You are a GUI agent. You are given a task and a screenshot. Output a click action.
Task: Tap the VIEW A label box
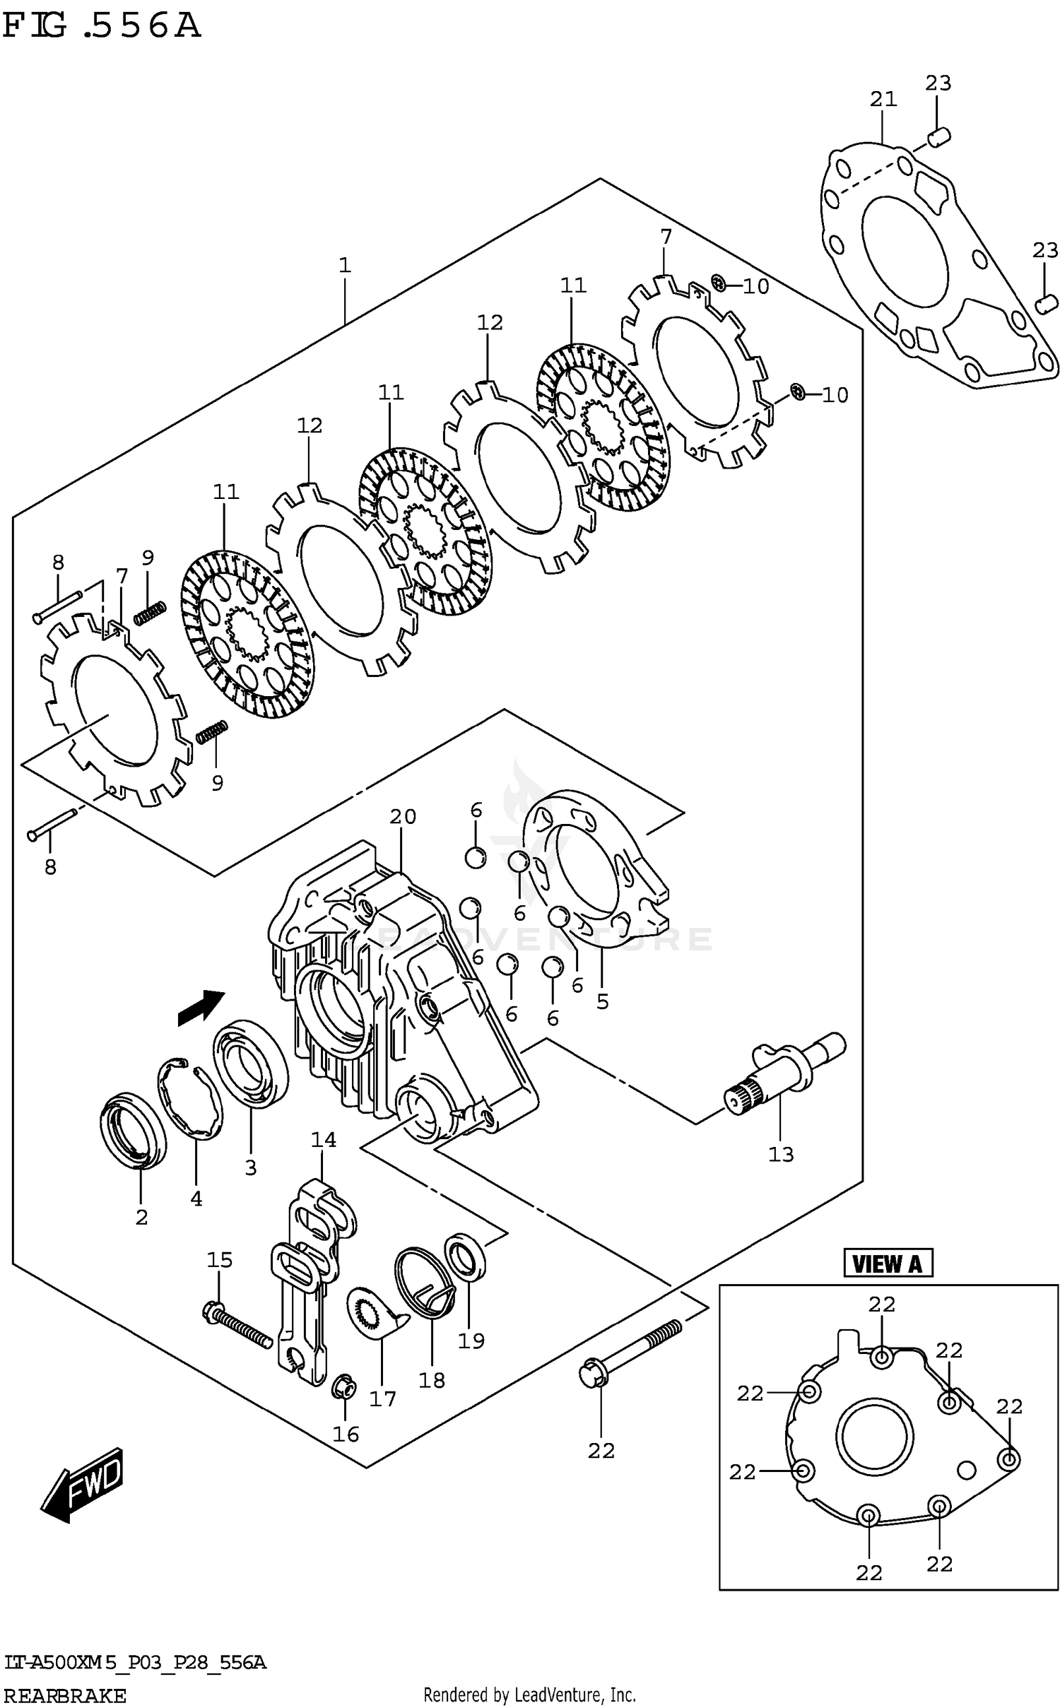click(887, 1264)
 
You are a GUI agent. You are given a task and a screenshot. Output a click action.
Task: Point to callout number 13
click(781, 1154)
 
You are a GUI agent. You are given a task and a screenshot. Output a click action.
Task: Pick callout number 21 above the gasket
click(883, 99)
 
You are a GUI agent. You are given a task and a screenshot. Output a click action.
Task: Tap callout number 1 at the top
click(344, 266)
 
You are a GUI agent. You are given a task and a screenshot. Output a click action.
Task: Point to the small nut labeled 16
click(342, 1387)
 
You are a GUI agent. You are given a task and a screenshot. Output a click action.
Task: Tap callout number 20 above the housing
click(403, 816)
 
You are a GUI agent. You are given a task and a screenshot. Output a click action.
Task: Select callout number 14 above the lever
click(323, 1139)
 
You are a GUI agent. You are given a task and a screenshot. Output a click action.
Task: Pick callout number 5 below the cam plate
click(602, 1001)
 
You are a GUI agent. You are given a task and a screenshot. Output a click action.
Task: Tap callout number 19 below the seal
click(471, 1341)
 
